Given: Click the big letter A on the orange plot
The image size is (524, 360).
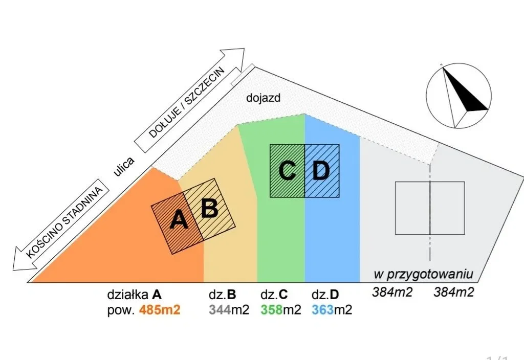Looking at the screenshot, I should (179, 220).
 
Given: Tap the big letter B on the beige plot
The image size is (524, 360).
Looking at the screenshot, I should (209, 208).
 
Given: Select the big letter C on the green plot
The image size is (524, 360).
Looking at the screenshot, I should (288, 170).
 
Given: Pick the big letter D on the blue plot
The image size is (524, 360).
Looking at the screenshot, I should (321, 170).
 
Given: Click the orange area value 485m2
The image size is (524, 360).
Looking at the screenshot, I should (160, 310).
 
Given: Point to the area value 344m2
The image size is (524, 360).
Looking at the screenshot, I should (229, 310).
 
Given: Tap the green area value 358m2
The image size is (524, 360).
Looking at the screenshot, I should (281, 310).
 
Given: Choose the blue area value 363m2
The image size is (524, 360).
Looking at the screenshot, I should (332, 310).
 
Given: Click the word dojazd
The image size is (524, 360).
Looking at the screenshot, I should (264, 98).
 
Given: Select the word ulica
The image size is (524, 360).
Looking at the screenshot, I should (125, 167).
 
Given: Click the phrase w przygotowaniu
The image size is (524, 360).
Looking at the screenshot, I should (425, 274).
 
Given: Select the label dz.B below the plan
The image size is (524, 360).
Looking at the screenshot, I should (223, 295).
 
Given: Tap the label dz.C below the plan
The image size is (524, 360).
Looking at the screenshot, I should (274, 295).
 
